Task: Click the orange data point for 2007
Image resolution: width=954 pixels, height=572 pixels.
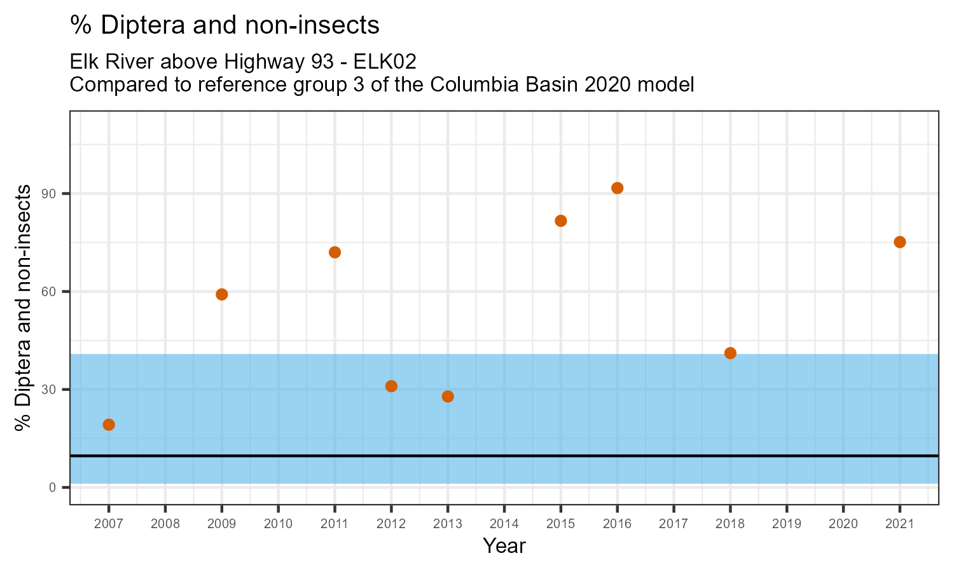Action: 109,425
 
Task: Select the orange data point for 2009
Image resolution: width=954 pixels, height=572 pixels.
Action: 222,294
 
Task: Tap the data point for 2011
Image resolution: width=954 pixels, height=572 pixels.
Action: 335,252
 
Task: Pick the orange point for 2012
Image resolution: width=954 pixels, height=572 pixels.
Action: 391,386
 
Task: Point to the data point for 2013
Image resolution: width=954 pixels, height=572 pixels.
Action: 448,397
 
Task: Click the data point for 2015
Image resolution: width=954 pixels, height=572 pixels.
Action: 561,221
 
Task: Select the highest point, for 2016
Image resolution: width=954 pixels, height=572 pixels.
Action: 617,188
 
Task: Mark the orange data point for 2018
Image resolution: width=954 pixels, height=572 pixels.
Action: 730,353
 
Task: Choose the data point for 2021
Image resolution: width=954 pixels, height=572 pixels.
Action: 900,242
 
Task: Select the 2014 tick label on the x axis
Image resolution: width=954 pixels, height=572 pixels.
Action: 504,524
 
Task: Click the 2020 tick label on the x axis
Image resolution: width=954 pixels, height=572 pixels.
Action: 843,524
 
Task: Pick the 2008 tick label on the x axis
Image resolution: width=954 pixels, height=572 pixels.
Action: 165,524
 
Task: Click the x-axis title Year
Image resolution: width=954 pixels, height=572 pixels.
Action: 504,546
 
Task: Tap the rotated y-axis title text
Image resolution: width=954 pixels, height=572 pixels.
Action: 24,308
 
